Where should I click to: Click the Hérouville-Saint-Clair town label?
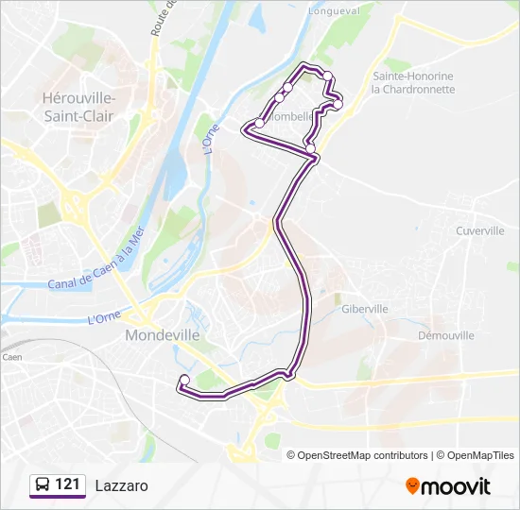pyautogui.click(x=79, y=106)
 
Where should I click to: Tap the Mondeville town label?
pyautogui.click(x=162, y=335)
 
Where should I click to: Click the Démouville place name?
pyautogui.click(x=446, y=335)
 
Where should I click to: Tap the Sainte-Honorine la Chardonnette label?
pyautogui.click(x=413, y=83)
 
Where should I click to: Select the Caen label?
pyautogui.click(x=11, y=357)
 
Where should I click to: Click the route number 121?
pyautogui.click(x=67, y=484)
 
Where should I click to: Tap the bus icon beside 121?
pyautogui.click(x=43, y=485)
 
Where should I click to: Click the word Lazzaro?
pyautogui.click(x=121, y=485)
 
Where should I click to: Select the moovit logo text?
pyautogui.click(x=456, y=486)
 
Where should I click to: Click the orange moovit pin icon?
pyautogui.click(x=412, y=486)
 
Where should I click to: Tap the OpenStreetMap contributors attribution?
pyautogui.click(x=362, y=455)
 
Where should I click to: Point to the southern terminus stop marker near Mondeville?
pyautogui.click(x=184, y=381)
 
